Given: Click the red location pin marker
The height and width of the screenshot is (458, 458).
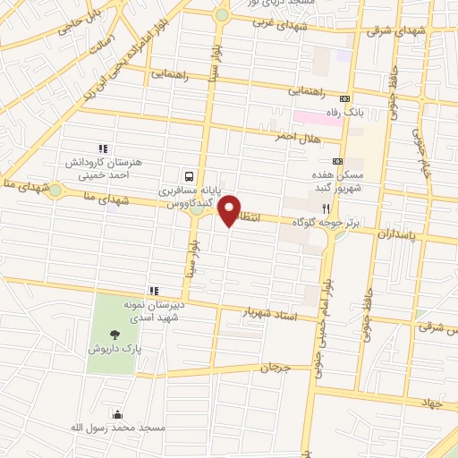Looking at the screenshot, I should coord(230,211).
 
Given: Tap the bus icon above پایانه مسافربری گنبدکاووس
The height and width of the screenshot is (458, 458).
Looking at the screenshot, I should coord(189,176).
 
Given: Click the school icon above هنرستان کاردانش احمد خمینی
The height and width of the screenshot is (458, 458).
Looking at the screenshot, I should coord(103,148).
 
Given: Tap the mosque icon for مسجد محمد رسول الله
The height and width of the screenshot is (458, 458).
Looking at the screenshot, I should coord(117,413).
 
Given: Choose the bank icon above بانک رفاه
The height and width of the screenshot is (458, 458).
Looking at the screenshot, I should coord(348,98).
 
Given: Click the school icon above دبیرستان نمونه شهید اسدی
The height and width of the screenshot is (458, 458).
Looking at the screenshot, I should coord(153,291).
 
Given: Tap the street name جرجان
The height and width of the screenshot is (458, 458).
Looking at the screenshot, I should coord(276,368).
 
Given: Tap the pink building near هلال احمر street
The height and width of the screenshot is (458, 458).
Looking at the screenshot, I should coord(310,118).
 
